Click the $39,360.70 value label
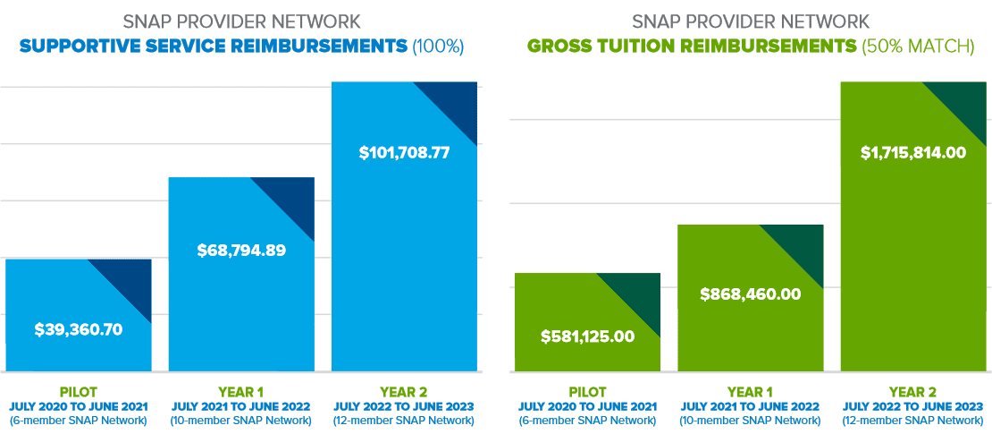79,329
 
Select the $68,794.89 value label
241,251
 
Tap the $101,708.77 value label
404,152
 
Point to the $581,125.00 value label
587,336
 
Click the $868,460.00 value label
750,294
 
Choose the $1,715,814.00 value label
913,152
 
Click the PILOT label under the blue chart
78,392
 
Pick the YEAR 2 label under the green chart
913,392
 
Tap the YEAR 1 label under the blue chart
241,392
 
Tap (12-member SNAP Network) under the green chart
913,421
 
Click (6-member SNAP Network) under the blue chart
78,421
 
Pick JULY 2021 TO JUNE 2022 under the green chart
750,406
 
